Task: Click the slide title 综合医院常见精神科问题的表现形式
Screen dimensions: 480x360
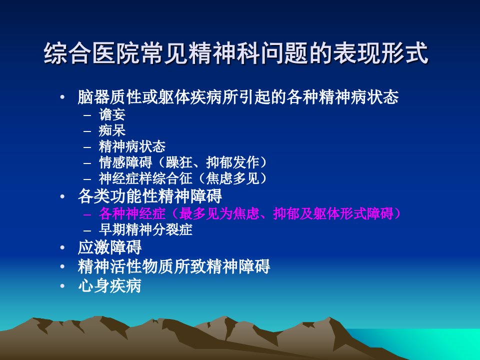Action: (x=235, y=53)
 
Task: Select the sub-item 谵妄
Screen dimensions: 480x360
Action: (x=112, y=114)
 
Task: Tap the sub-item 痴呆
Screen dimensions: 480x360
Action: (x=112, y=130)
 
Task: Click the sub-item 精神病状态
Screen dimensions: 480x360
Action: (x=132, y=146)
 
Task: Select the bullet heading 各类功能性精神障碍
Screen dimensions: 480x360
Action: (x=149, y=196)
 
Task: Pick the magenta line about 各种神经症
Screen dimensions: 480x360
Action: (x=249, y=213)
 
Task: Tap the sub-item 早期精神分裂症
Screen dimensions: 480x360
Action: (x=145, y=229)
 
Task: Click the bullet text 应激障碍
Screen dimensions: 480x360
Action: (x=109, y=247)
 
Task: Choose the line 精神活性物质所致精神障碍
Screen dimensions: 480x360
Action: (x=174, y=266)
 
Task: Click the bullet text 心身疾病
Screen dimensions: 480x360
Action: (x=109, y=286)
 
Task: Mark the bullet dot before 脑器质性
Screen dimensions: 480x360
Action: (x=62, y=97)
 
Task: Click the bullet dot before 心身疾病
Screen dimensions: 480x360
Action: (x=62, y=286)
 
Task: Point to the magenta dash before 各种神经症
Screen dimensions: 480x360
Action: (x=87, y=214)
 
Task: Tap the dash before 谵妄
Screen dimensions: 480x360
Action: (x=87, y=115)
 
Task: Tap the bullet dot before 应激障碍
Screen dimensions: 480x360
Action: (x=62, y=247)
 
